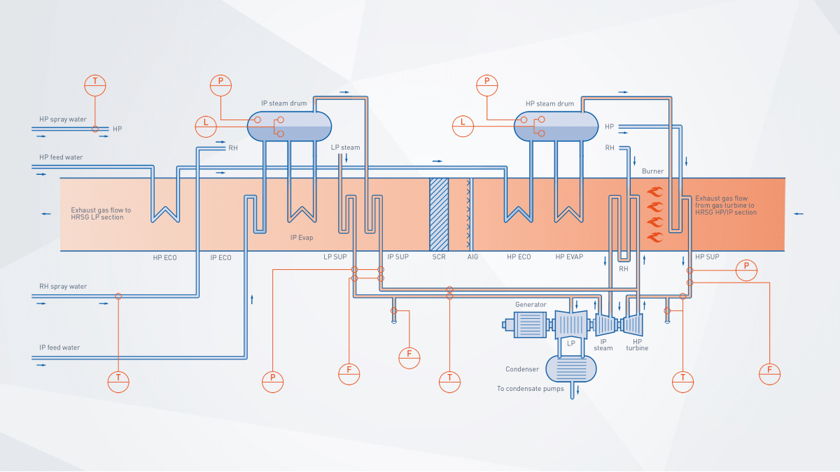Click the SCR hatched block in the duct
pos(439,214)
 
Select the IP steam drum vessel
pos(289,127)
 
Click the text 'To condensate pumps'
pos(530,389)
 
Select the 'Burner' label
pos(652,171)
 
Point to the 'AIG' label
pos(473,257)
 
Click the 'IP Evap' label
pos(302,238)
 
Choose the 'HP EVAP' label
pos(569,257)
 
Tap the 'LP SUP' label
pos(335,257)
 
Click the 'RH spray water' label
pos(63,287)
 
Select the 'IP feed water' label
pos(59,348)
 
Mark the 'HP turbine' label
pos(637,344)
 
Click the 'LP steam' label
pos(346,148)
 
